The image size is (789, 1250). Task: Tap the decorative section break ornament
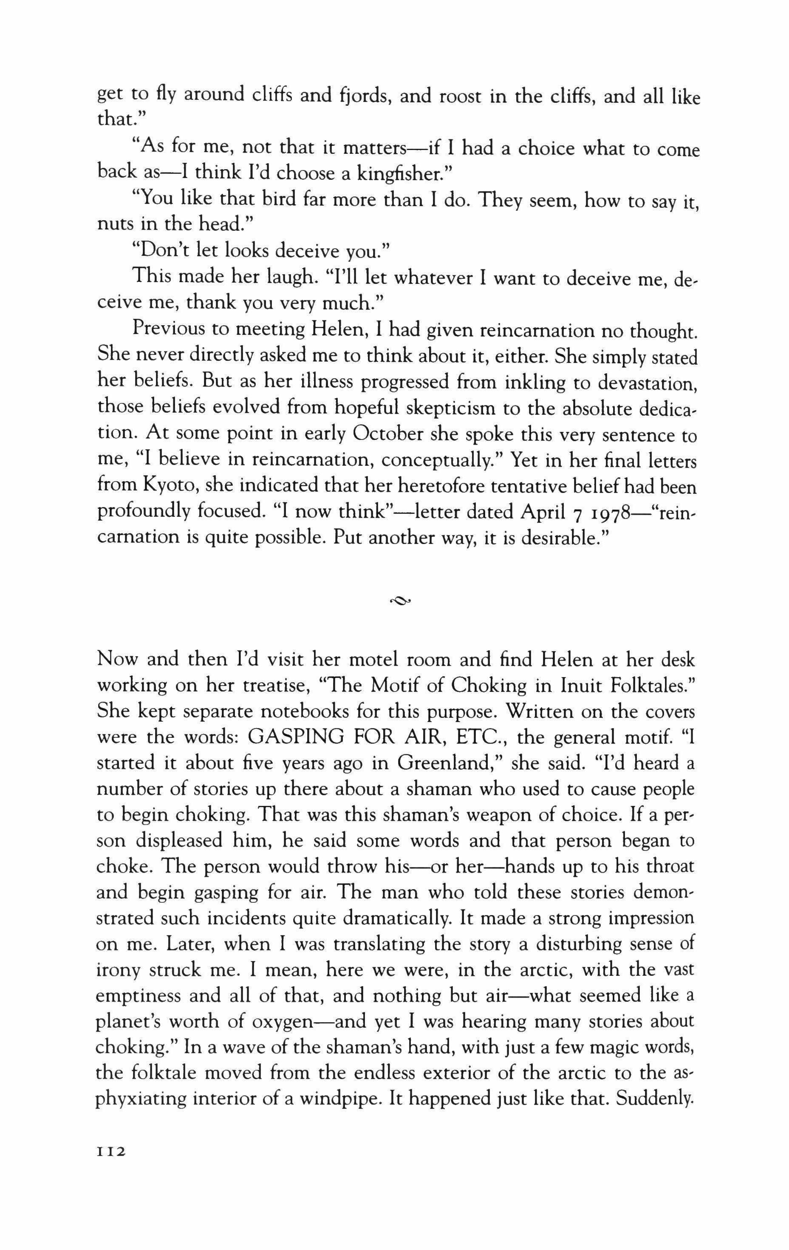400,601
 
